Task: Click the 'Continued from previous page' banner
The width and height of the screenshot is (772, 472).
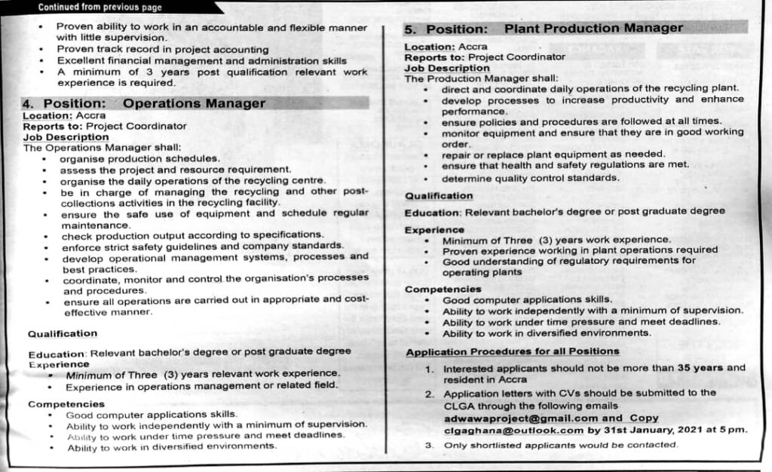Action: (x=100, y=8)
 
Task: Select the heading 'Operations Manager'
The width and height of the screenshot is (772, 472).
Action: (x=194, y=103)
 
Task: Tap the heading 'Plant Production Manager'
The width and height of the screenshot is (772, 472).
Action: (x=593, y=29)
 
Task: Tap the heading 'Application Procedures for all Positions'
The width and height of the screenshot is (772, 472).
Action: (x=512, y=351)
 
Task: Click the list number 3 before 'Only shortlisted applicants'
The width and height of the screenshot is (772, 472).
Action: (x=429, y=446)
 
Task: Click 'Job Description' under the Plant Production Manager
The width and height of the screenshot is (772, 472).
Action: (x=447, y=68)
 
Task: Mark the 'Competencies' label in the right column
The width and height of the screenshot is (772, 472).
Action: (x=443, y=290)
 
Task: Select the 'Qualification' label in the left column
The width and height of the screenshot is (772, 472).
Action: (x=63, y=333)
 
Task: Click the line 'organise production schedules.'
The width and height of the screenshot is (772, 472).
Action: (x=140, y=159)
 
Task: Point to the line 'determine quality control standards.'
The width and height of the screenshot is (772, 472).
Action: (x=530, y=179)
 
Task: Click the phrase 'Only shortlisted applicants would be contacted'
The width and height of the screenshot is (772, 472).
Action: (x=560, y=445)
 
